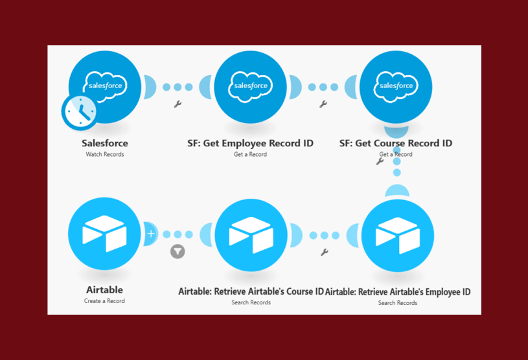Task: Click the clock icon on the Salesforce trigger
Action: click(x=80, y=111)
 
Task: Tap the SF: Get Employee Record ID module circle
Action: click(x=250, y=86)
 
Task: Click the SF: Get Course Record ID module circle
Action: click(x=396, y=86)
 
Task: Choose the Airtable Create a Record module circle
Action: click(x=104, y=234)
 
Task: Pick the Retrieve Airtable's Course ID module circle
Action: click(x=250, y=234)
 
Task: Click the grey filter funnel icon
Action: click(x=178, y=251)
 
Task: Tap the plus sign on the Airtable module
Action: click(x=151, y=234)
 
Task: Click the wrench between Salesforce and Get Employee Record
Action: click(x=178, y=104)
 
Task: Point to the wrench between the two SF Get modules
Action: click(x=323, y=104)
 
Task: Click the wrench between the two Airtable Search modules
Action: click(x=324, y=252)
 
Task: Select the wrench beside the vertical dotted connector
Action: click(x=380, y=161)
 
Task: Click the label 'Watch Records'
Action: click(x=104, y=155)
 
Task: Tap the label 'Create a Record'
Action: click(x=104, y=301)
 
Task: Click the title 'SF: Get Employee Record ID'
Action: click(x=250, y=143)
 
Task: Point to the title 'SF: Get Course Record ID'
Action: click(x=396, y=143)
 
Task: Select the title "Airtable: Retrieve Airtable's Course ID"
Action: click(x=251, y=291)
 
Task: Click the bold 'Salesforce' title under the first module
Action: click(x=104, y=143)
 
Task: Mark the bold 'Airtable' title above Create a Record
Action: click(x=104, y=290)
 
